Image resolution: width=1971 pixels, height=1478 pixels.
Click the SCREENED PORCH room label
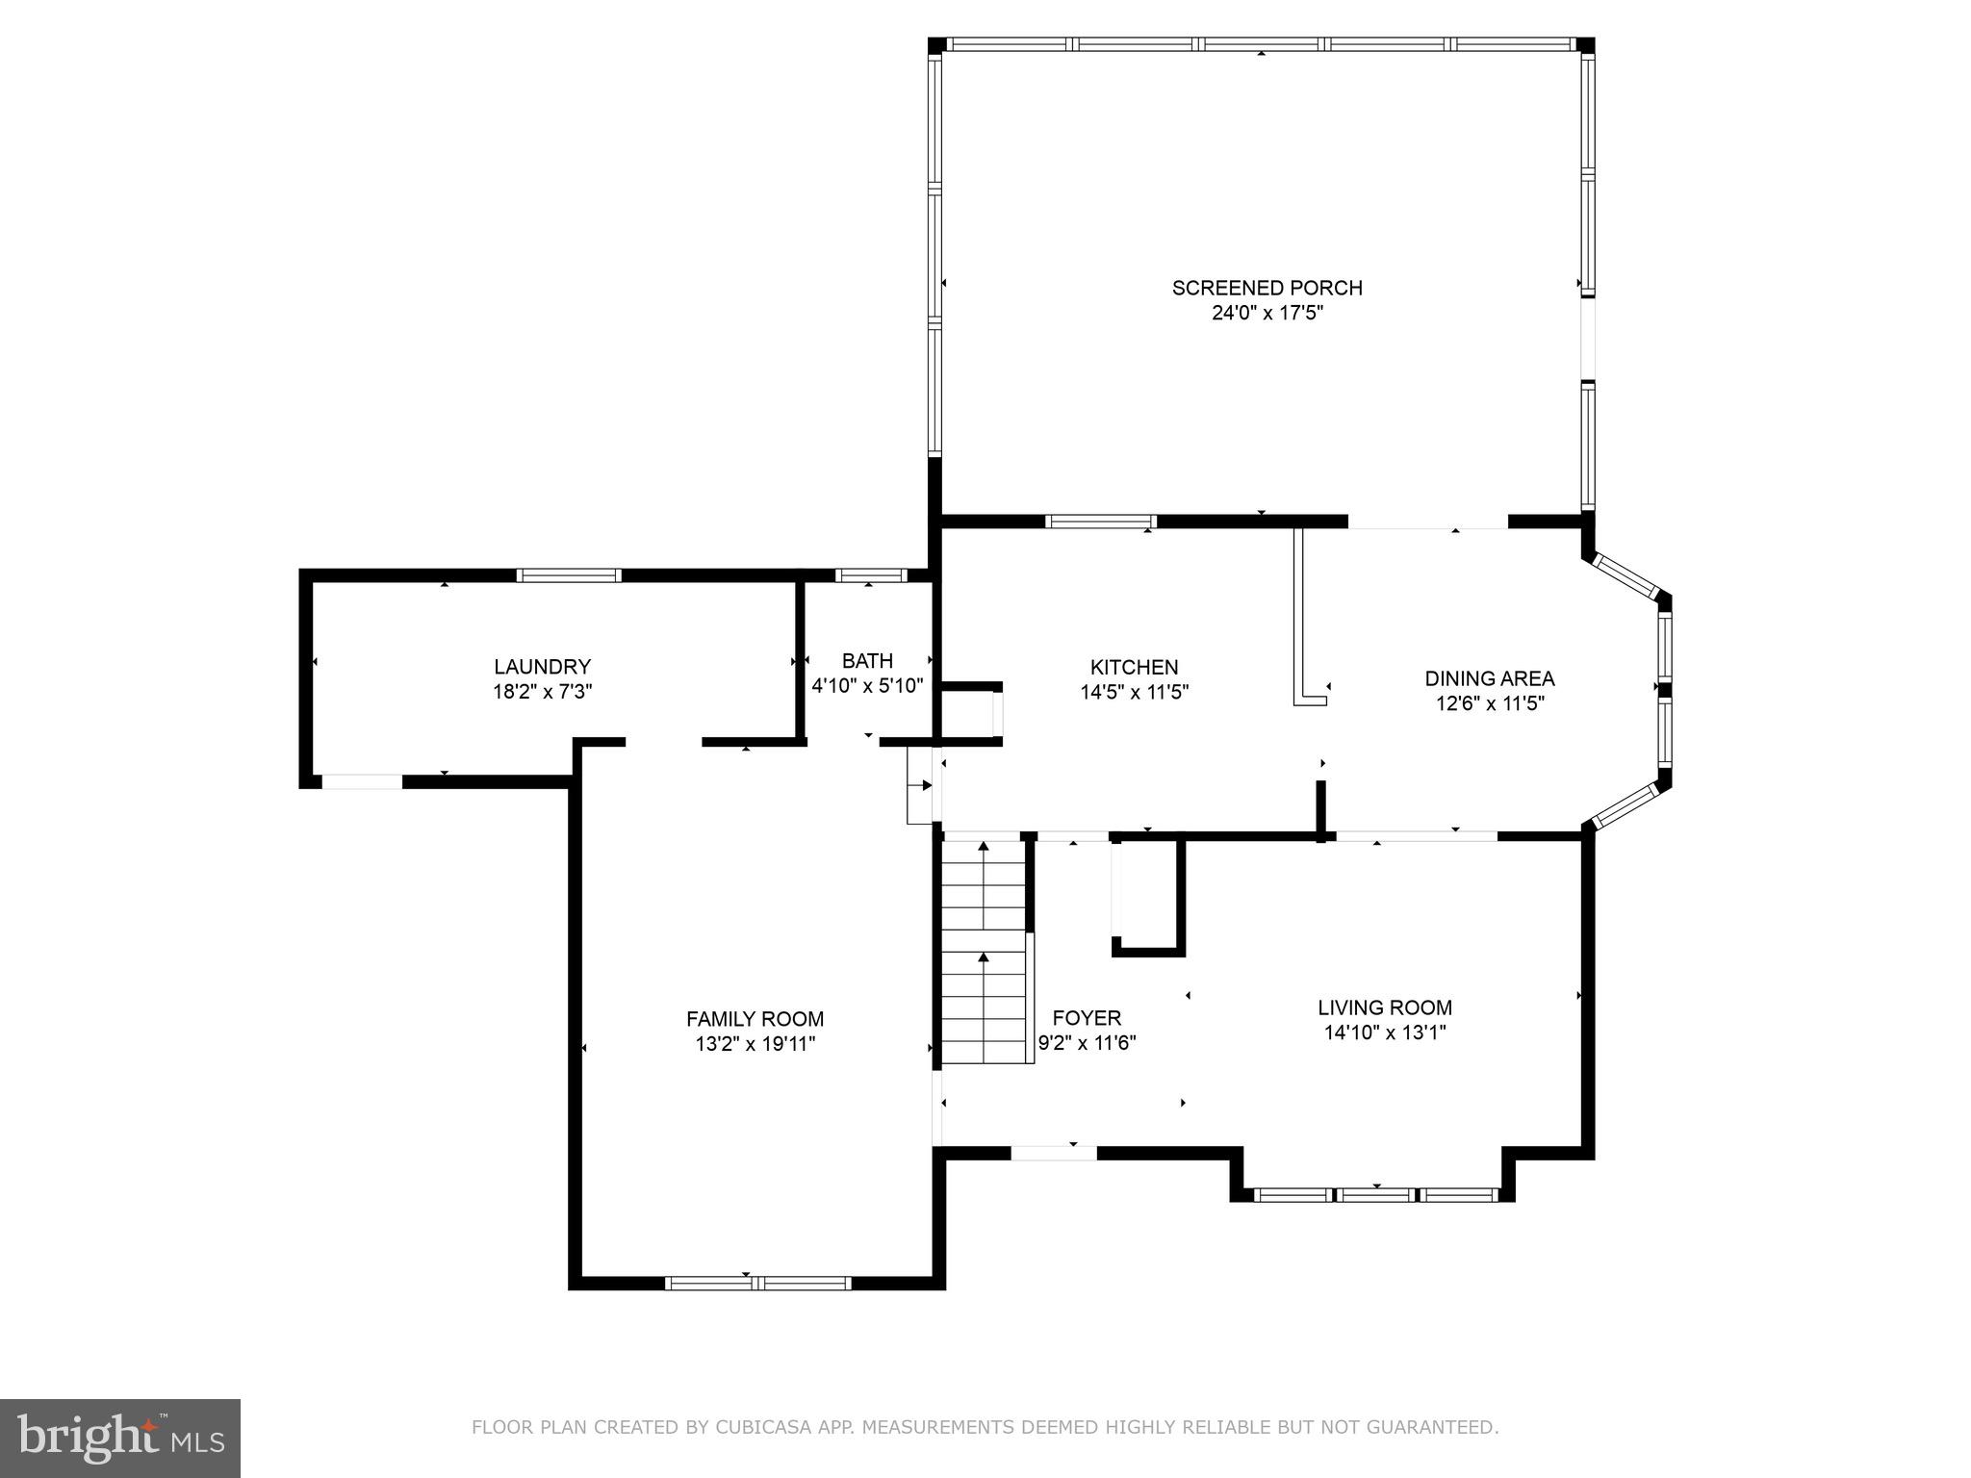pyautogui.click(x=1267, y=288)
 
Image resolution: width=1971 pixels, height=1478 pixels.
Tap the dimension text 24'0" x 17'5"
pyautogui.click(x=1267, y=313)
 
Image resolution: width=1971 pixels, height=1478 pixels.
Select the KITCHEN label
pyautogui.click(x=1134, y=667)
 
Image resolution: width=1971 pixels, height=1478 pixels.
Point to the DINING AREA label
pyautogui.click(x=1490, y=678)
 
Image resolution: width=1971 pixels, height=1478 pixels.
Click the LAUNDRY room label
pyautogui.click(x=542, y=667)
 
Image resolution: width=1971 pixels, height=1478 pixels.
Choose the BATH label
pyautogui.click(x=867, y=661)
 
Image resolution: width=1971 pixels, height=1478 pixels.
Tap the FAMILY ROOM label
pyautogui.click(x=755, y=1019)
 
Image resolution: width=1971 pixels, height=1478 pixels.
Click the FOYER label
pyautogui.click(x=1087, y=1018)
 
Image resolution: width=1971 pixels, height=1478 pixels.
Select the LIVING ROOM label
pyautogui.click(x=1385, y=1007)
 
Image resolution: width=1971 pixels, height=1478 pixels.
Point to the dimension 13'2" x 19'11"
pyautogui.click(x=755, y=1044)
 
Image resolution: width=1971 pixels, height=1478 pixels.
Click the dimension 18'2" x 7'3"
pyautogui.click(x=543, y=692)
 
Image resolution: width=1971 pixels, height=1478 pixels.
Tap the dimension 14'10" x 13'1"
pyautogui.click(x=1385, y=1032)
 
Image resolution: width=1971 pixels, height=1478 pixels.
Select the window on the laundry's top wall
pyautogui.click(x=569, y=575)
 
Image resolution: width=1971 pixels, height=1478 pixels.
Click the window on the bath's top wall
pyautogui.click(x=871, y=575)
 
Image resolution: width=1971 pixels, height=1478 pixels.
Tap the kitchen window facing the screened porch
pyautogui.click(x=1101, y=522)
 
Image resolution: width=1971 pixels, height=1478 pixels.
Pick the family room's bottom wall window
pyautogui.click(x=757, y=1283)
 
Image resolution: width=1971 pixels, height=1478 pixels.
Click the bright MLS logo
pyautogui.click(x=120, y=1437)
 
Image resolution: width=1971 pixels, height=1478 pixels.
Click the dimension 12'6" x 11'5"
pyautogui.click(x=1490, y=703)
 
